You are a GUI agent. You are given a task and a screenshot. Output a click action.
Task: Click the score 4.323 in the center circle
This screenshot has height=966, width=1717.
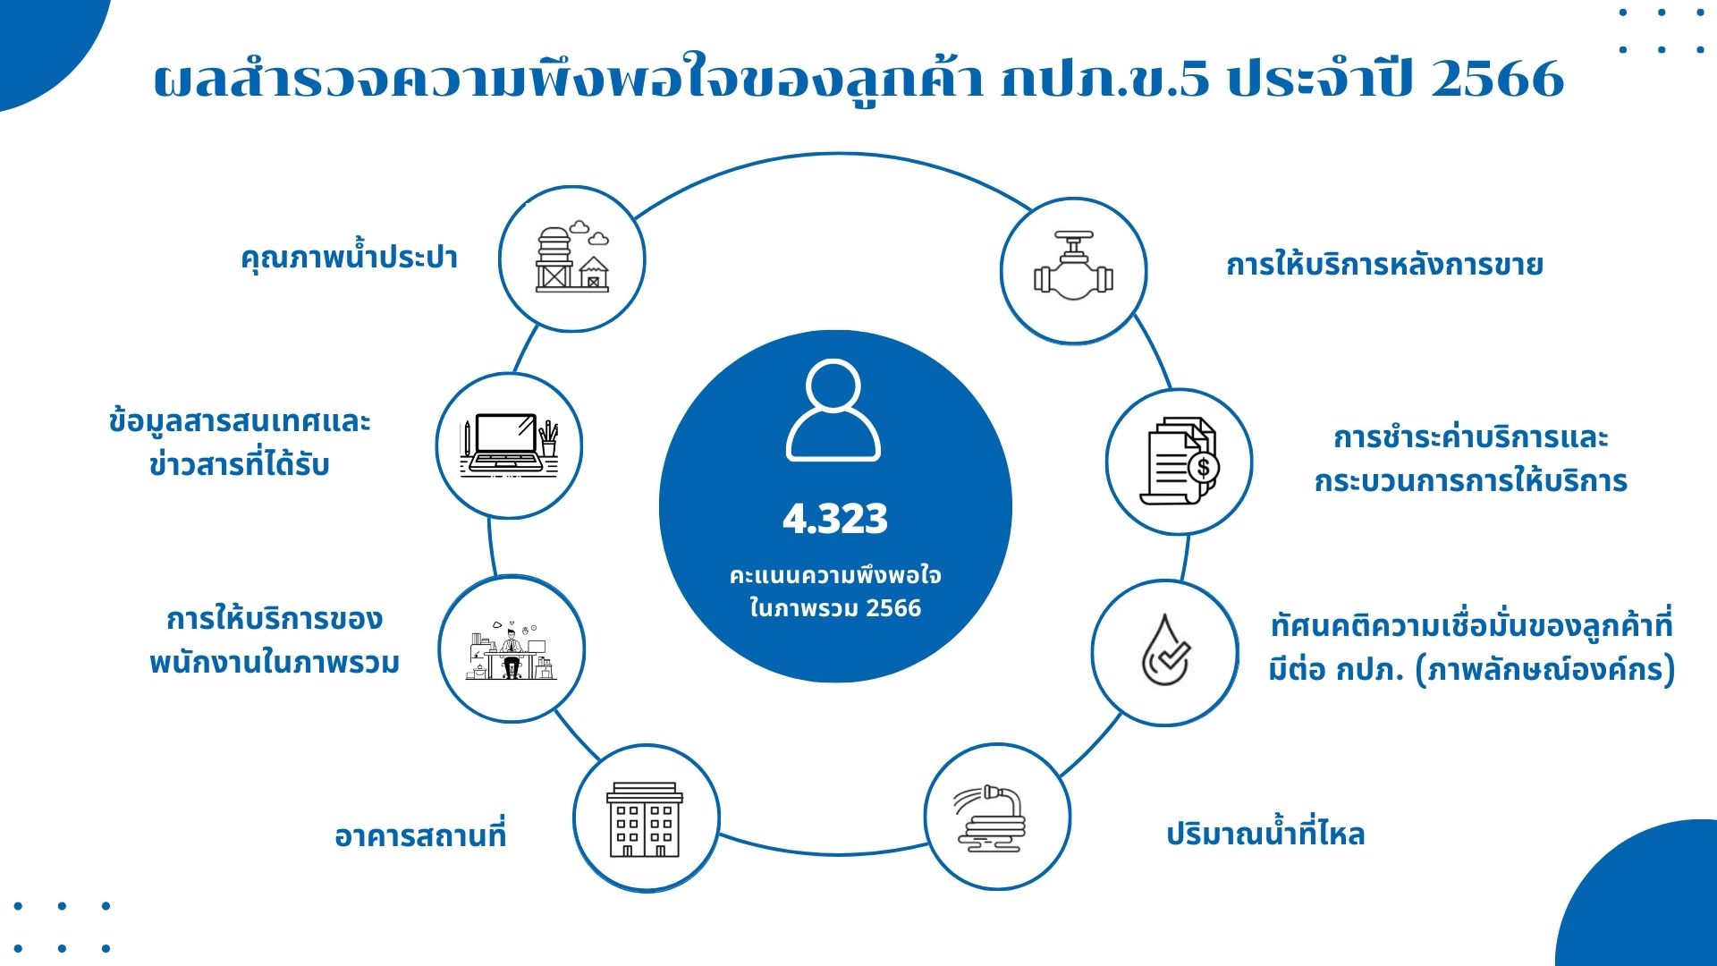(x=835, y=519)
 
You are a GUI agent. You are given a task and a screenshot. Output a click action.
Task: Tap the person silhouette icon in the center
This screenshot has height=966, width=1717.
(x=833, y=411)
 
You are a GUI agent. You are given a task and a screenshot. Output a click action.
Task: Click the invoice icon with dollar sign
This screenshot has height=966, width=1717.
(x=1180, y=462)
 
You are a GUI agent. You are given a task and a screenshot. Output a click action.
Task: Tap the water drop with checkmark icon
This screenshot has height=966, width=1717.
(x=1165, y=652)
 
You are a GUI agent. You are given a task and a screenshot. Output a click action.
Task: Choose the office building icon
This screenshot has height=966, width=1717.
(x=645, y=818)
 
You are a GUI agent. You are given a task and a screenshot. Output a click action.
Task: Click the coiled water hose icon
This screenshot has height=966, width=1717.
(x=995, y=818)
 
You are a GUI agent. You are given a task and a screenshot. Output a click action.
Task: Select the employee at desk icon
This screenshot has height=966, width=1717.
(x=512, y=649)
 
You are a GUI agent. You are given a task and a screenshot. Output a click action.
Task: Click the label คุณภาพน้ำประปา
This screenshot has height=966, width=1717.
(x=349, y=258)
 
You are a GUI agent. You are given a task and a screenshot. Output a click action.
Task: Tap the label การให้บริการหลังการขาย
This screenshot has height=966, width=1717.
(x=1384, y=266)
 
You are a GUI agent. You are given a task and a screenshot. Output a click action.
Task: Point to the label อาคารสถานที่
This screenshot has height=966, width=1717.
(x=420, y=836)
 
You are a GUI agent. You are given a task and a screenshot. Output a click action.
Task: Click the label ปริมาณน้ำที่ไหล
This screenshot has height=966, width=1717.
(x=1265, y=835)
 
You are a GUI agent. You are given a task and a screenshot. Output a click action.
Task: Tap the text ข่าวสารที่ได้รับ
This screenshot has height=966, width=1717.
(x=240, y=465)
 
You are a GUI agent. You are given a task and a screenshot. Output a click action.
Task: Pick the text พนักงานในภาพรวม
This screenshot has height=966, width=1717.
(x=275, y=663)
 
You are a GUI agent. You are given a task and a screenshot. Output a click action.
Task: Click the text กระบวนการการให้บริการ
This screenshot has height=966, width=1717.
(x=1470, y=481)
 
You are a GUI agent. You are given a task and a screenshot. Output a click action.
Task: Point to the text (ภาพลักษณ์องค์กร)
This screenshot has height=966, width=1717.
(x=1545, y=670)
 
